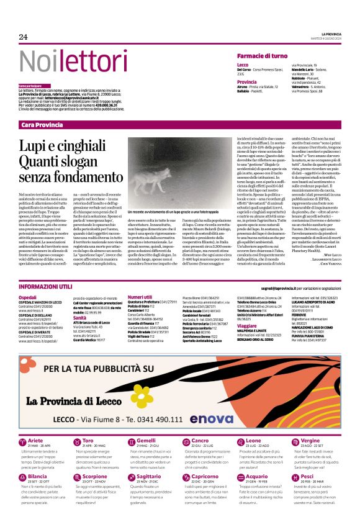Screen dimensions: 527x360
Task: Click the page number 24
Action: pyautogui.click(x=24, y=37)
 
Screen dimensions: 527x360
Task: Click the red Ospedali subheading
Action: pyautogui.click(x=27, y=298)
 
